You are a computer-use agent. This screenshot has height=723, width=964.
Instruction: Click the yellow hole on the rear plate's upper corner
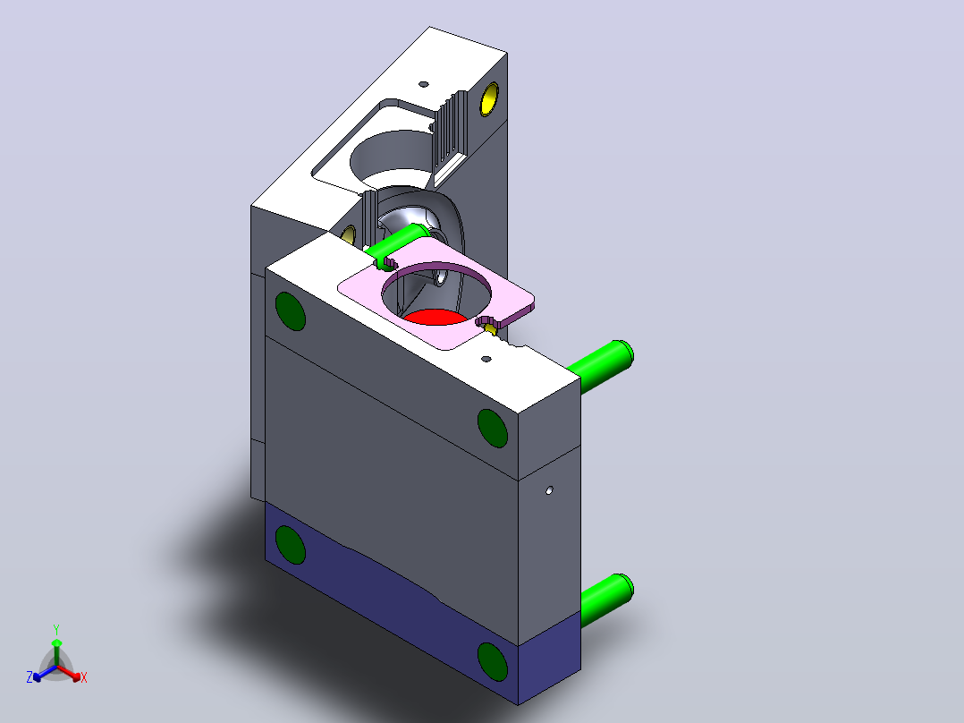click(489, 99)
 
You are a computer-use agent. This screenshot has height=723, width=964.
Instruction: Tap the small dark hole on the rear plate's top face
click(424, 84)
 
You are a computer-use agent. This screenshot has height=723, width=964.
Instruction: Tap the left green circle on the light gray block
click(290, 310)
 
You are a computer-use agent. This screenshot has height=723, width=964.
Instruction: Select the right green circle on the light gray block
click(493, 428)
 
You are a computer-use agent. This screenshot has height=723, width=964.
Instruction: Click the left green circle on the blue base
click(290, 545)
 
